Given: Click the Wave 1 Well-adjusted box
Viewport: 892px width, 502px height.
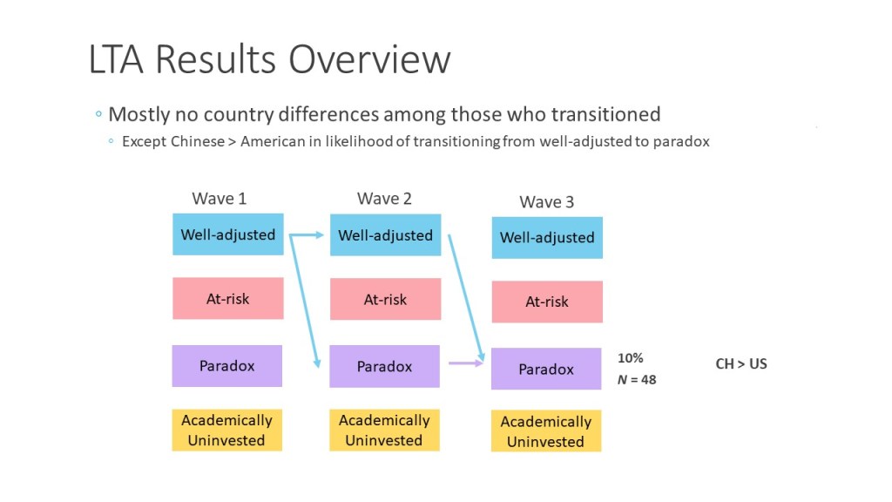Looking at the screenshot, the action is (x=228, y=234).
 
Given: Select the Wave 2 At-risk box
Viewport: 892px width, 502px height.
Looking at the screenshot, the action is (x=385, y=299).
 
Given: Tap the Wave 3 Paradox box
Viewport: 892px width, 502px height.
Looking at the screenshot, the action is (x=546, y=369).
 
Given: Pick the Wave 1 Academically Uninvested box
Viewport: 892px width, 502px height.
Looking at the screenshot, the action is (x=227, y=430).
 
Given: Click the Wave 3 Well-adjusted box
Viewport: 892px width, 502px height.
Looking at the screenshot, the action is (x=547, y=237).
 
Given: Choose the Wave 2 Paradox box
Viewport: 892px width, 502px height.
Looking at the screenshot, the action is (x=384, y=366).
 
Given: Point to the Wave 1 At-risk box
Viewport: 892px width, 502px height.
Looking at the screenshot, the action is (x=228, y=298).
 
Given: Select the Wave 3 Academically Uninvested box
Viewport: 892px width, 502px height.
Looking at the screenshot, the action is (x=546, y=431).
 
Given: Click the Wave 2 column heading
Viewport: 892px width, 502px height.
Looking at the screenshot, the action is (x=384, y=199).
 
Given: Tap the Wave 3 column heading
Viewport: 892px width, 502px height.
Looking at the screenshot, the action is (x=547, y=202).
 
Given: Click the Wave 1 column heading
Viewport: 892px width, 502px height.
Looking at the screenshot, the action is (x=219, y=199).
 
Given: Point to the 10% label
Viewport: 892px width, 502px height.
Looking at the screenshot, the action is (x=631, y=358).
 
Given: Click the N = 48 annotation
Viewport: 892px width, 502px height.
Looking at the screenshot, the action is (x=637, y=380).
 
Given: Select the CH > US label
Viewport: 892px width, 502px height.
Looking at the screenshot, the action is (x=741, y=363).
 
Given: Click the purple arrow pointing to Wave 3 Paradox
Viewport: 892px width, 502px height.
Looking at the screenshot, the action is (x=466, y=363).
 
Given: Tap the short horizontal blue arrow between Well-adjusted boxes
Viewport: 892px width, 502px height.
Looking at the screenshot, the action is (x=307, y=234).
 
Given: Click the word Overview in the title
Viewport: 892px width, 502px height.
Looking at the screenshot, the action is (x=369, y=59).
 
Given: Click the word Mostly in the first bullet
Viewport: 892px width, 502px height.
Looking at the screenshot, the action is (x=139, y=114).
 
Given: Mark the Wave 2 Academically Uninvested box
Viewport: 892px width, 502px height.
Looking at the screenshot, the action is (x=384, y=430).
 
